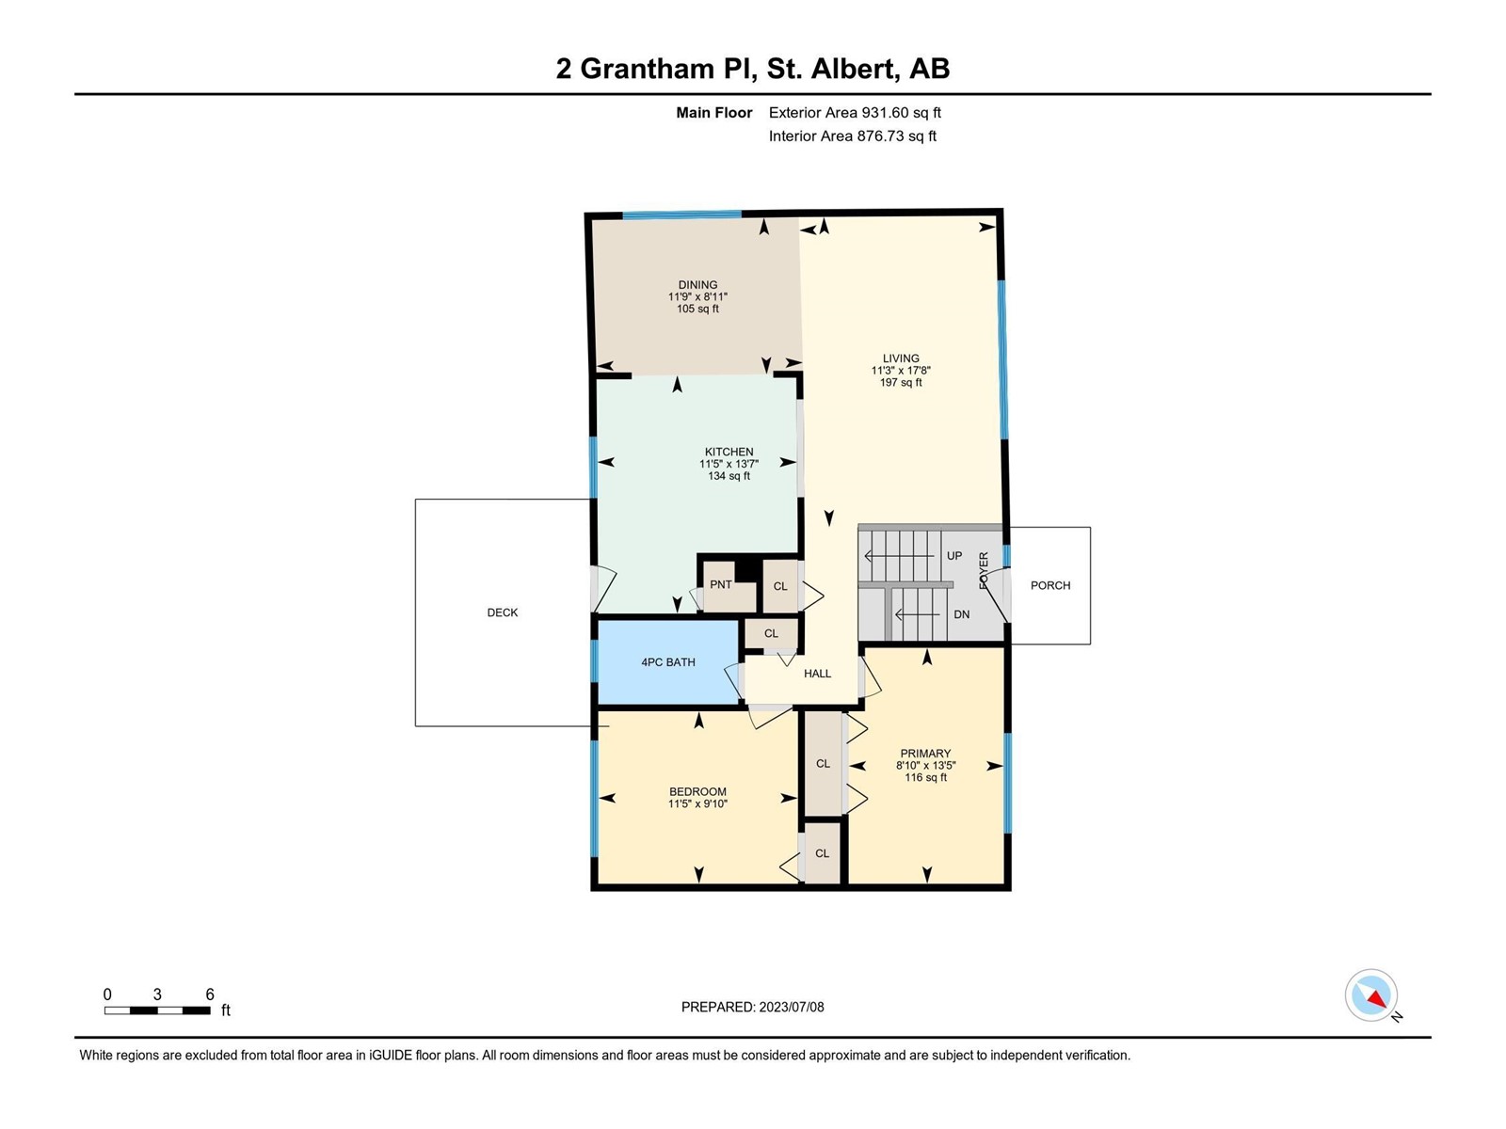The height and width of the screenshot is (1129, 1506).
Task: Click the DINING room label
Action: click(697, 284)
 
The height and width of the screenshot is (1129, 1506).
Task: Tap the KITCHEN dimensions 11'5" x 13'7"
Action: click(729, 464)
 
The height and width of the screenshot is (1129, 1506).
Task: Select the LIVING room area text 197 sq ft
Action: click(901, 383)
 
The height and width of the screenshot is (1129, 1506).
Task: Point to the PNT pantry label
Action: click(720, 584)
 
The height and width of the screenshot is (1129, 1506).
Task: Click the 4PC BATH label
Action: click(668, 662)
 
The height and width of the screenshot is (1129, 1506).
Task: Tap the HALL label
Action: click(817, 674)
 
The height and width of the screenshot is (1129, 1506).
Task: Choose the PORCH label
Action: click(1050, 585)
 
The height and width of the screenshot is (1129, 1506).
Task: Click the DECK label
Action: click(503, 612)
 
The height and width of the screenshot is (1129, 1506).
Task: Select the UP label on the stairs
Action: click(954, 556)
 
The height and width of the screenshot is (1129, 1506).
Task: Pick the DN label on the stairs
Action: click(961, 615)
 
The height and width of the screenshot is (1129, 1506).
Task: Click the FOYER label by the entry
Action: click(984, 570)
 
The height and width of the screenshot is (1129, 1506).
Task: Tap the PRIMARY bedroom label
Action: click(925, 754)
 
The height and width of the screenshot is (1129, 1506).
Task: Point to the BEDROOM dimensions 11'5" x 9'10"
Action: click(697, 804)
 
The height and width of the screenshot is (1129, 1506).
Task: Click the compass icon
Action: click(1370, 995)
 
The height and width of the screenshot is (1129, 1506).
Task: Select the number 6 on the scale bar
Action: click(210, 994)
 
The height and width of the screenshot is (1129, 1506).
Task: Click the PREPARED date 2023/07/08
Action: click(791, 1007)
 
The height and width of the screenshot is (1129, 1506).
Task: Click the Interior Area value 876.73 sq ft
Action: click(897, 135)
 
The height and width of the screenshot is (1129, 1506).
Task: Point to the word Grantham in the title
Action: click(647, 69)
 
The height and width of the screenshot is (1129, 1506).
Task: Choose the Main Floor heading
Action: click(714, 112)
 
